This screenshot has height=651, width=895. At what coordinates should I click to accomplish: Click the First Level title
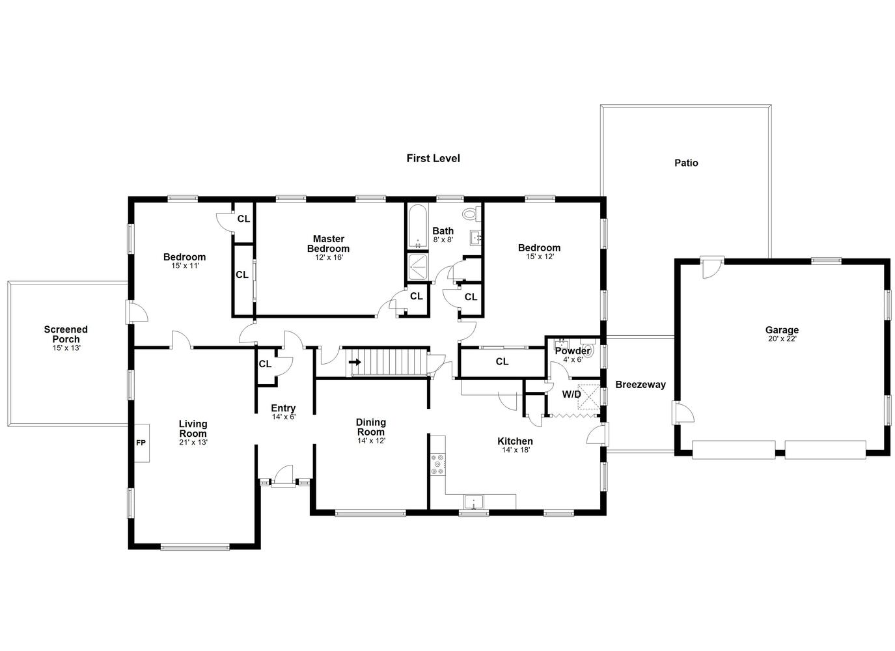pyautogui.click(x=433, y=158)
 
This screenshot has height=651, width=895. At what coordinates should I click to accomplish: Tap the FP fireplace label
pyautogui.click(x=141, y=443)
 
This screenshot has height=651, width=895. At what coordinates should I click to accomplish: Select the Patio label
pyautogui.click(x=686, y=163)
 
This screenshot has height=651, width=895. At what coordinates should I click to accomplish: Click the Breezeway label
pyautogui.click(x=640, y=385)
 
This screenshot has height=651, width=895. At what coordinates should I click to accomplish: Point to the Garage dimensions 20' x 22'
pyautogui.click(x=782, y=339)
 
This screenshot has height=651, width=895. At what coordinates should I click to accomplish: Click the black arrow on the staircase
pyautogui.click(x=355, y=362)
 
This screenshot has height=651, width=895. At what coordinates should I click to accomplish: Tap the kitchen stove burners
pyautogui.click(x=438, y=464)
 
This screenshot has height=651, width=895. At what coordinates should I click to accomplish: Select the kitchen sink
pyautogui.click(x=473, y=501)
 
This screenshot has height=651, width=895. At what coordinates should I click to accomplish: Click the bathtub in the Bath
pyautogui.click(x=417, y=226)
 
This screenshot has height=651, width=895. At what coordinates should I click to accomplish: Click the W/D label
pyautogui.click(x=571, y=395)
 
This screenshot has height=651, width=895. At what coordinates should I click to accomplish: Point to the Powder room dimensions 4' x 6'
pyautogui.click(x=573, y=359)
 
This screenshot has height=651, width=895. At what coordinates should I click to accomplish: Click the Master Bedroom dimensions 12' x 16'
pyautogui.click(x=329, y=257)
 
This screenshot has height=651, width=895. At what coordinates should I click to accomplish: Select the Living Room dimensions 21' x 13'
pyautogui.click(x=193, y=442)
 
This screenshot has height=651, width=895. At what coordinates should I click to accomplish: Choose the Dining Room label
pyautogui.click(x=371, y=427)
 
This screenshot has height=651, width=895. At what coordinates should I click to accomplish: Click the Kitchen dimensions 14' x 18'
pyautogui.click(x=516, y=450)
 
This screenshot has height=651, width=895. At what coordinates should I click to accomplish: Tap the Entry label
pyautogui.click(x=283, y=408)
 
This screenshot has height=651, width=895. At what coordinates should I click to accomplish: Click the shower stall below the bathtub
pyautogui.click(x=417, y=266)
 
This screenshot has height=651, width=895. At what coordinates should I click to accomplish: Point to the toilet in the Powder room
pyautogui.click(x=588, y=350)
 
